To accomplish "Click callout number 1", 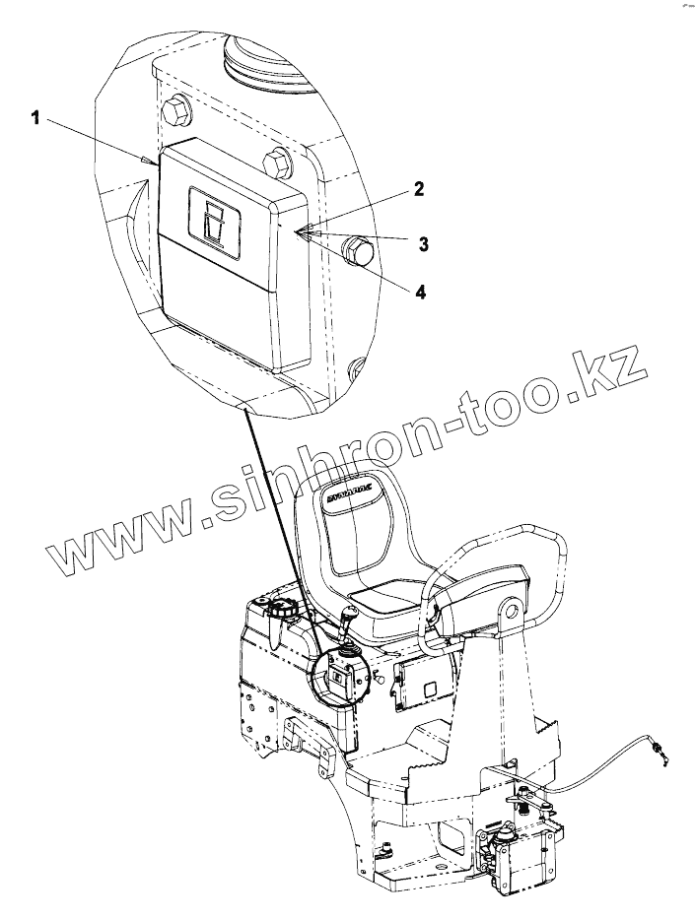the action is click(35, 119).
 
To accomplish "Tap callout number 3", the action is click(423, 242).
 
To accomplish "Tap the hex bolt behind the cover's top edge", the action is click(276, 163).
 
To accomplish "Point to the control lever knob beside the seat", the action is click(350, 616).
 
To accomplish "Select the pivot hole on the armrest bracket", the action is click(510, 616).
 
